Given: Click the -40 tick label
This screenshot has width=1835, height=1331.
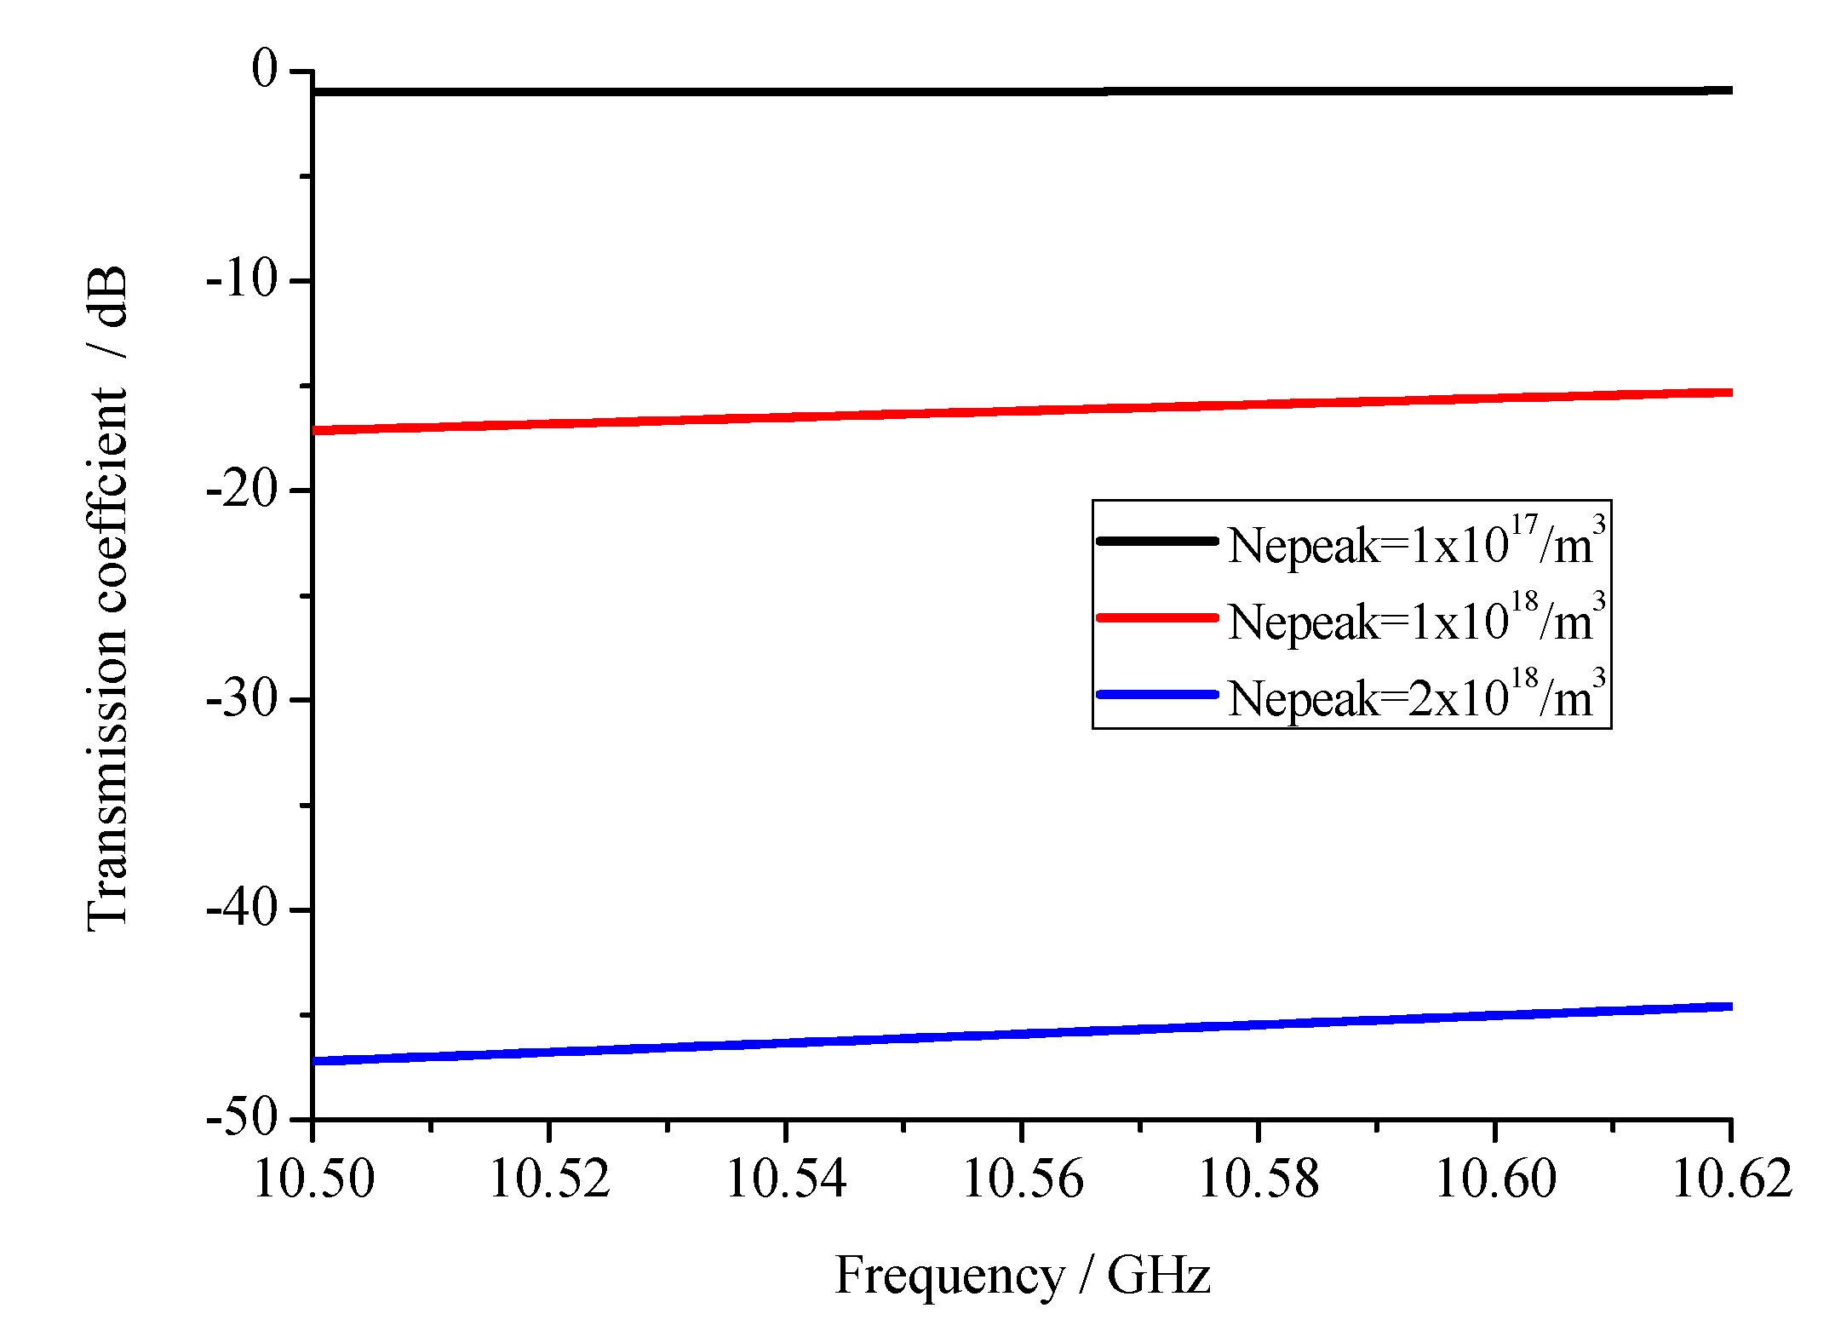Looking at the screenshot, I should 243,909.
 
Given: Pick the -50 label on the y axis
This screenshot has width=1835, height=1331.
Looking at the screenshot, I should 243,1117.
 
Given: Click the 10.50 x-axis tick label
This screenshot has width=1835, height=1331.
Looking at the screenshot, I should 313,1180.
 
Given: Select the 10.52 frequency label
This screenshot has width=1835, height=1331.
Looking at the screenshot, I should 549,1180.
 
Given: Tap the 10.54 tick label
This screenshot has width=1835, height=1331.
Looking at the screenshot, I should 786,1180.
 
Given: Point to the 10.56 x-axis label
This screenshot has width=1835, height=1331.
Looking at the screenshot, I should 1022,1180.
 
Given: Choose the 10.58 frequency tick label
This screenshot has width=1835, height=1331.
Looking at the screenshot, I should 1259,1180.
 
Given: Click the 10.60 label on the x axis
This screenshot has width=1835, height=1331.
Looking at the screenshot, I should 1495,1180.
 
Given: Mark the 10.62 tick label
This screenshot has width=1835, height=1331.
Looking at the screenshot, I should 1731,1180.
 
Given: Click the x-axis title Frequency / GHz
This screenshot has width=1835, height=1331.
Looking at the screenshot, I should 1022,1276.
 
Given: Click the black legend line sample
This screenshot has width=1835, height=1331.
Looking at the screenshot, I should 1157,541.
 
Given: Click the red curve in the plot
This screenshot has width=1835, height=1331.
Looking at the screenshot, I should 1022,410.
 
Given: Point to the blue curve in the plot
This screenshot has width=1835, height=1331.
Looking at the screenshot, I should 1022,1034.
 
